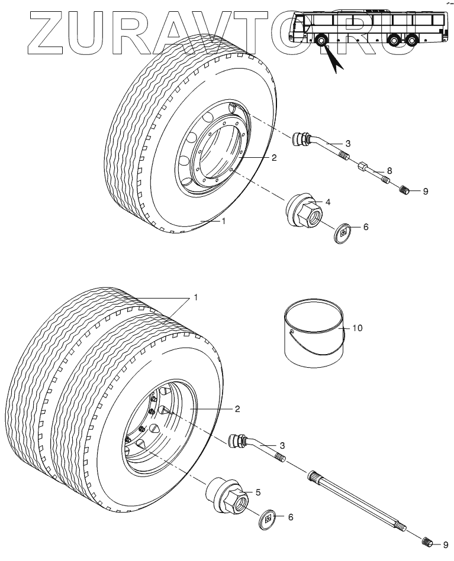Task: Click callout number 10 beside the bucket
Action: tap(357, 327)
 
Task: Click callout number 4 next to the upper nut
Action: tap(327, 202)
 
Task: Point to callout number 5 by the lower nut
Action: tap(258, 492)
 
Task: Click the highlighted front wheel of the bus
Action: tap(321, 41)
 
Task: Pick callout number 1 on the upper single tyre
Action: tap(224, 221)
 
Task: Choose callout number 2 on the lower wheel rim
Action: tap(237, 409)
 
